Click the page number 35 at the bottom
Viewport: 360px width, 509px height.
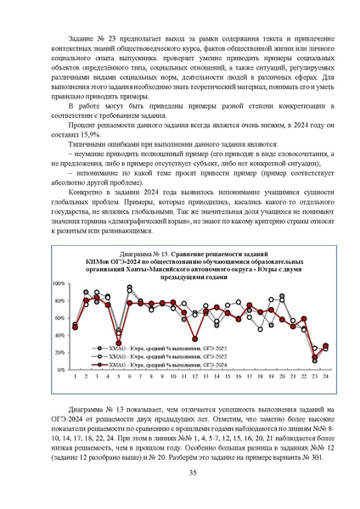pos(180,473)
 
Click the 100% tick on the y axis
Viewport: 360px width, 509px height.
pos(59,259)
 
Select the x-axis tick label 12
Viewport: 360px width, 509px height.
pos(194,377)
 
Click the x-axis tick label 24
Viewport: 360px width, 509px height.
pos(325,377)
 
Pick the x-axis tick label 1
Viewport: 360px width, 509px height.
pos(75,377)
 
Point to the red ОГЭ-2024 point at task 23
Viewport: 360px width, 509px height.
pos(314,356)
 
